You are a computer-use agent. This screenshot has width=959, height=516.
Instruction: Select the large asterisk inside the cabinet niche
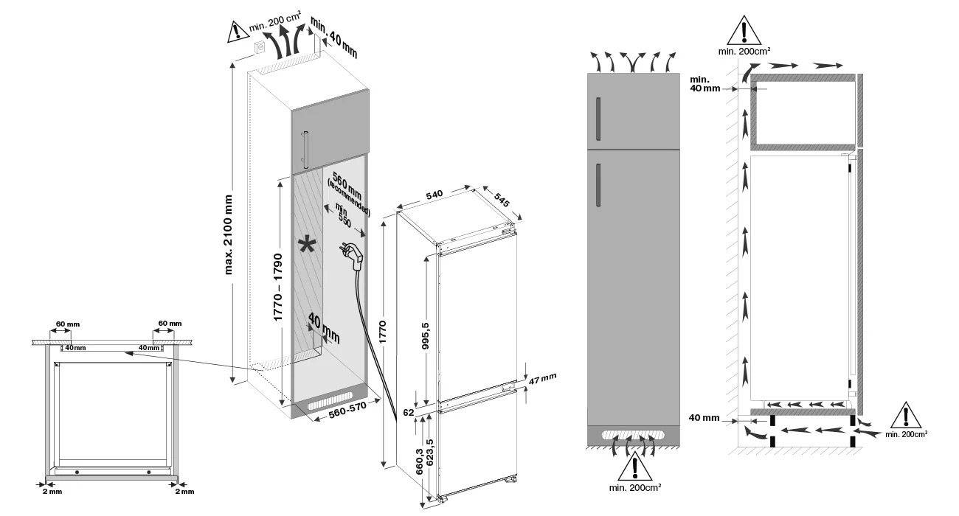coord(305,246)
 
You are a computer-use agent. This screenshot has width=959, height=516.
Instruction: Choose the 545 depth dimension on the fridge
coord(502,200)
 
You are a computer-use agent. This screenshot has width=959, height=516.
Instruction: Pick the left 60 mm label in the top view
coord(62,324)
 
